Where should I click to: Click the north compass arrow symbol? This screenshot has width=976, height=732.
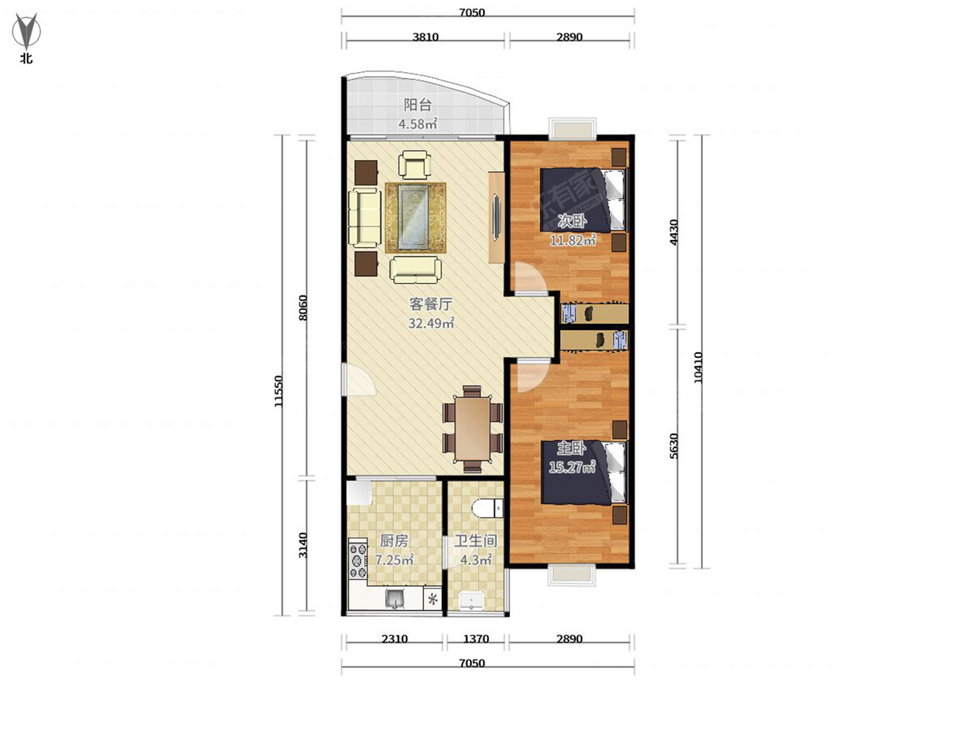pos(26,31)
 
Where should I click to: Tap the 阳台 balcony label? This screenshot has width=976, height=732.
pos(417,106)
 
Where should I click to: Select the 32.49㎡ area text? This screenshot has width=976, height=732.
pos(431,323)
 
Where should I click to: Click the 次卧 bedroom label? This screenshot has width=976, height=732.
pos(573,221)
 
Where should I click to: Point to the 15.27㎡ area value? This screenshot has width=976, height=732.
pos(572,467)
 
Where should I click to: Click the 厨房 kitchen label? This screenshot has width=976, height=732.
pos(394,541)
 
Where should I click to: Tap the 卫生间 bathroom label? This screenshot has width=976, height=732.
pos(475,541)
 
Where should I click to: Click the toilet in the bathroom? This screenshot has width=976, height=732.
pos(488,508)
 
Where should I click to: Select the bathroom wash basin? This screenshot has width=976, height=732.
pos(471,601)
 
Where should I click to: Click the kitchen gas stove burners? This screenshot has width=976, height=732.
pos(358,560)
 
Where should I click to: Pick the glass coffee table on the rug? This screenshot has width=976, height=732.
pos(413,217)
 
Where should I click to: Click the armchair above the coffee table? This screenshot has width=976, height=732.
pos(415,165)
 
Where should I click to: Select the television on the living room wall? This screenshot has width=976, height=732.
pos(496,218)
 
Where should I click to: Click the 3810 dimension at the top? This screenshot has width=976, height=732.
pos(425,37)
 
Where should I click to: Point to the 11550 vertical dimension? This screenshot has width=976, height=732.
pos(278,391)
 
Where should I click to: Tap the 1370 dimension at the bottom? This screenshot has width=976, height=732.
pos(477,638)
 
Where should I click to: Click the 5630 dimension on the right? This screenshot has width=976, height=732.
pos(674,446)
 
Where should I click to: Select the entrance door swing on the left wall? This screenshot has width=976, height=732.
pos(359,379)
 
